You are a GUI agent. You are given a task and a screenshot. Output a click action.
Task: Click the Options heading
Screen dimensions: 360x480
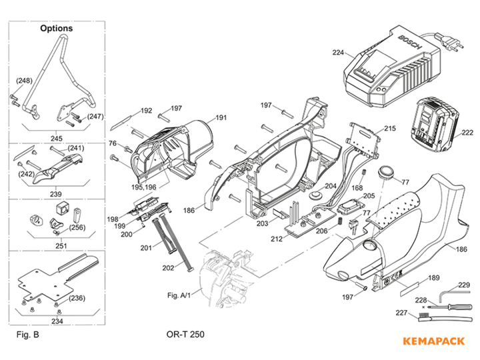57,29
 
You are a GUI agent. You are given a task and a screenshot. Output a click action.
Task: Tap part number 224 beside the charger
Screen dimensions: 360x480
338,52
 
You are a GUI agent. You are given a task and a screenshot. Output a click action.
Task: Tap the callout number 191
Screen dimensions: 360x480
220,118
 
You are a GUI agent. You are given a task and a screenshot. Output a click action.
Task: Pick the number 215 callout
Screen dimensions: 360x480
390,128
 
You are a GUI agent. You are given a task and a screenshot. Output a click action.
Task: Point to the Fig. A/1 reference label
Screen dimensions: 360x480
180,294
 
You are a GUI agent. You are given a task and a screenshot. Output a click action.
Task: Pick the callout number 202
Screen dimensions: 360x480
168,267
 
